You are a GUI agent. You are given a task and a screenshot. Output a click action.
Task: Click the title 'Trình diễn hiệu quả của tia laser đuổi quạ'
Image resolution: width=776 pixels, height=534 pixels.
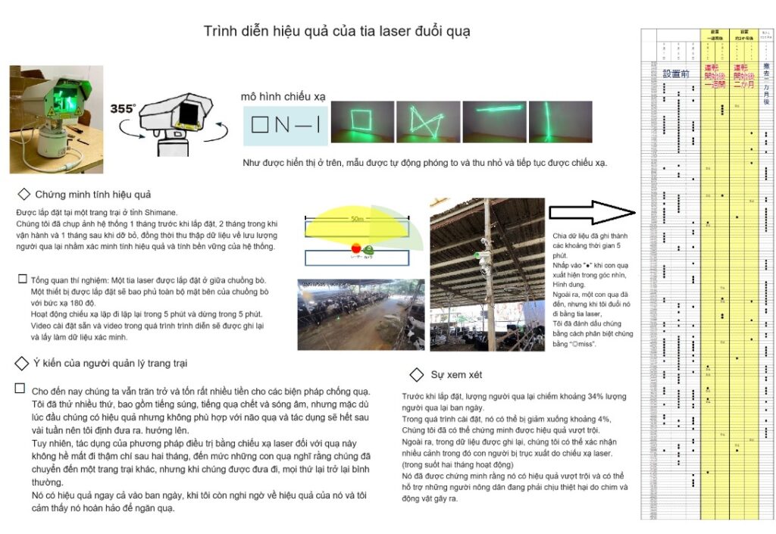(336, 31)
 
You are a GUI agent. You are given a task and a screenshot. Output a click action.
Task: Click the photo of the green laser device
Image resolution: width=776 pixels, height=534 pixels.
(45, 118)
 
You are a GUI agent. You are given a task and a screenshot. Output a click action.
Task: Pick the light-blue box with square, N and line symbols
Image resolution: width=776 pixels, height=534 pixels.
(286, 124)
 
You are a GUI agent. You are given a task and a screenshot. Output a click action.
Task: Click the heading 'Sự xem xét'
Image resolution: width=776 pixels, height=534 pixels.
(457, 374)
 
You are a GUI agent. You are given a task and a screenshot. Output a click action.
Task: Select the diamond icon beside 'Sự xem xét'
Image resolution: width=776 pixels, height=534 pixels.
(416, 374)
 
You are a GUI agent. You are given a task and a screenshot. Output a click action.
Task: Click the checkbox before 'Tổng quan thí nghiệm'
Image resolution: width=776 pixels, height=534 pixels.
(22, 279)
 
